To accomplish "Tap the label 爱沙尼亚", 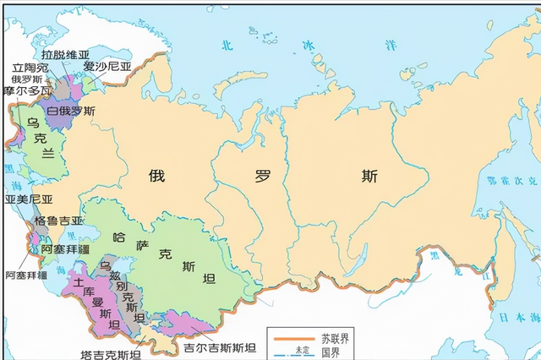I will point(107,66).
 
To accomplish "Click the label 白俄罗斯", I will point(71,111).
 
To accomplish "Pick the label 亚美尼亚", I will point(29,199).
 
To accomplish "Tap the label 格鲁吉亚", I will point(58,221).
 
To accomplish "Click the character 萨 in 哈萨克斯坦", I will point(141,246).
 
